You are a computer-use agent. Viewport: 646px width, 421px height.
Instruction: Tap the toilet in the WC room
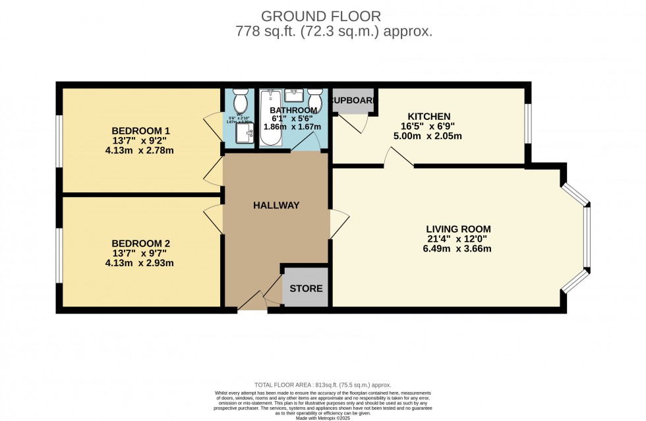click(239, 101)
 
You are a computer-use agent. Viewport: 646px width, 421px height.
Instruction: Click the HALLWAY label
click(276, 205)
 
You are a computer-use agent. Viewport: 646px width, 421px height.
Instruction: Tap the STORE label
click(307, 289)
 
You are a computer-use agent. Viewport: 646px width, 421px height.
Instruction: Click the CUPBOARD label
click(354, 101)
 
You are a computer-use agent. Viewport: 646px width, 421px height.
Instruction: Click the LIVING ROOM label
click(458, 229)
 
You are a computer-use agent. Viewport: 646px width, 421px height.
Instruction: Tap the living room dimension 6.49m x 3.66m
click(458, 249)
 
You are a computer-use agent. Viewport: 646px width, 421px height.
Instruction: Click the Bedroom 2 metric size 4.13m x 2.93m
click(140, 263)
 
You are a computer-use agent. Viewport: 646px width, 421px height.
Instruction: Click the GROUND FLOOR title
click(321, 15)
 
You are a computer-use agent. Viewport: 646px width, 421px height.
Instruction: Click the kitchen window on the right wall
click(527, 123)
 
